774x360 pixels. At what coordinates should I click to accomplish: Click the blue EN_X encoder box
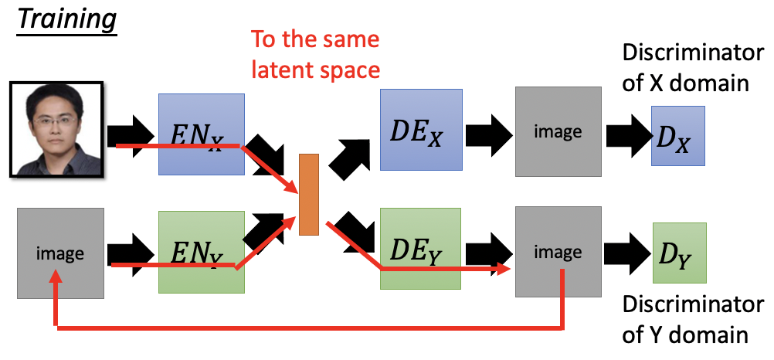(200, 134)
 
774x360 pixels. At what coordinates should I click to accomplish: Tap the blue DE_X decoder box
(421, 129)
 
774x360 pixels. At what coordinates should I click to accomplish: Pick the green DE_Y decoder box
(421, 248)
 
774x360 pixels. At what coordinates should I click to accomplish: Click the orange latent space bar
(308, 194)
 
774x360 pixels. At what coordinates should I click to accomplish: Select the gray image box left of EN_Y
(60, 253)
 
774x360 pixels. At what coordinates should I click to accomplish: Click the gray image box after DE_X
(558, 132)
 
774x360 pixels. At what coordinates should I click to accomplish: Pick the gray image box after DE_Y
(558, 252)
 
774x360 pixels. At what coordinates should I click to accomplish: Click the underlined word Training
(66, 19)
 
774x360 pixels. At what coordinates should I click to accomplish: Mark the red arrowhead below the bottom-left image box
(56, 284)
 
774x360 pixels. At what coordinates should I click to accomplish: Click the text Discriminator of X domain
(687, 68)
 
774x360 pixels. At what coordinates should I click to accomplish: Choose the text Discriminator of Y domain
(687, 321)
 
